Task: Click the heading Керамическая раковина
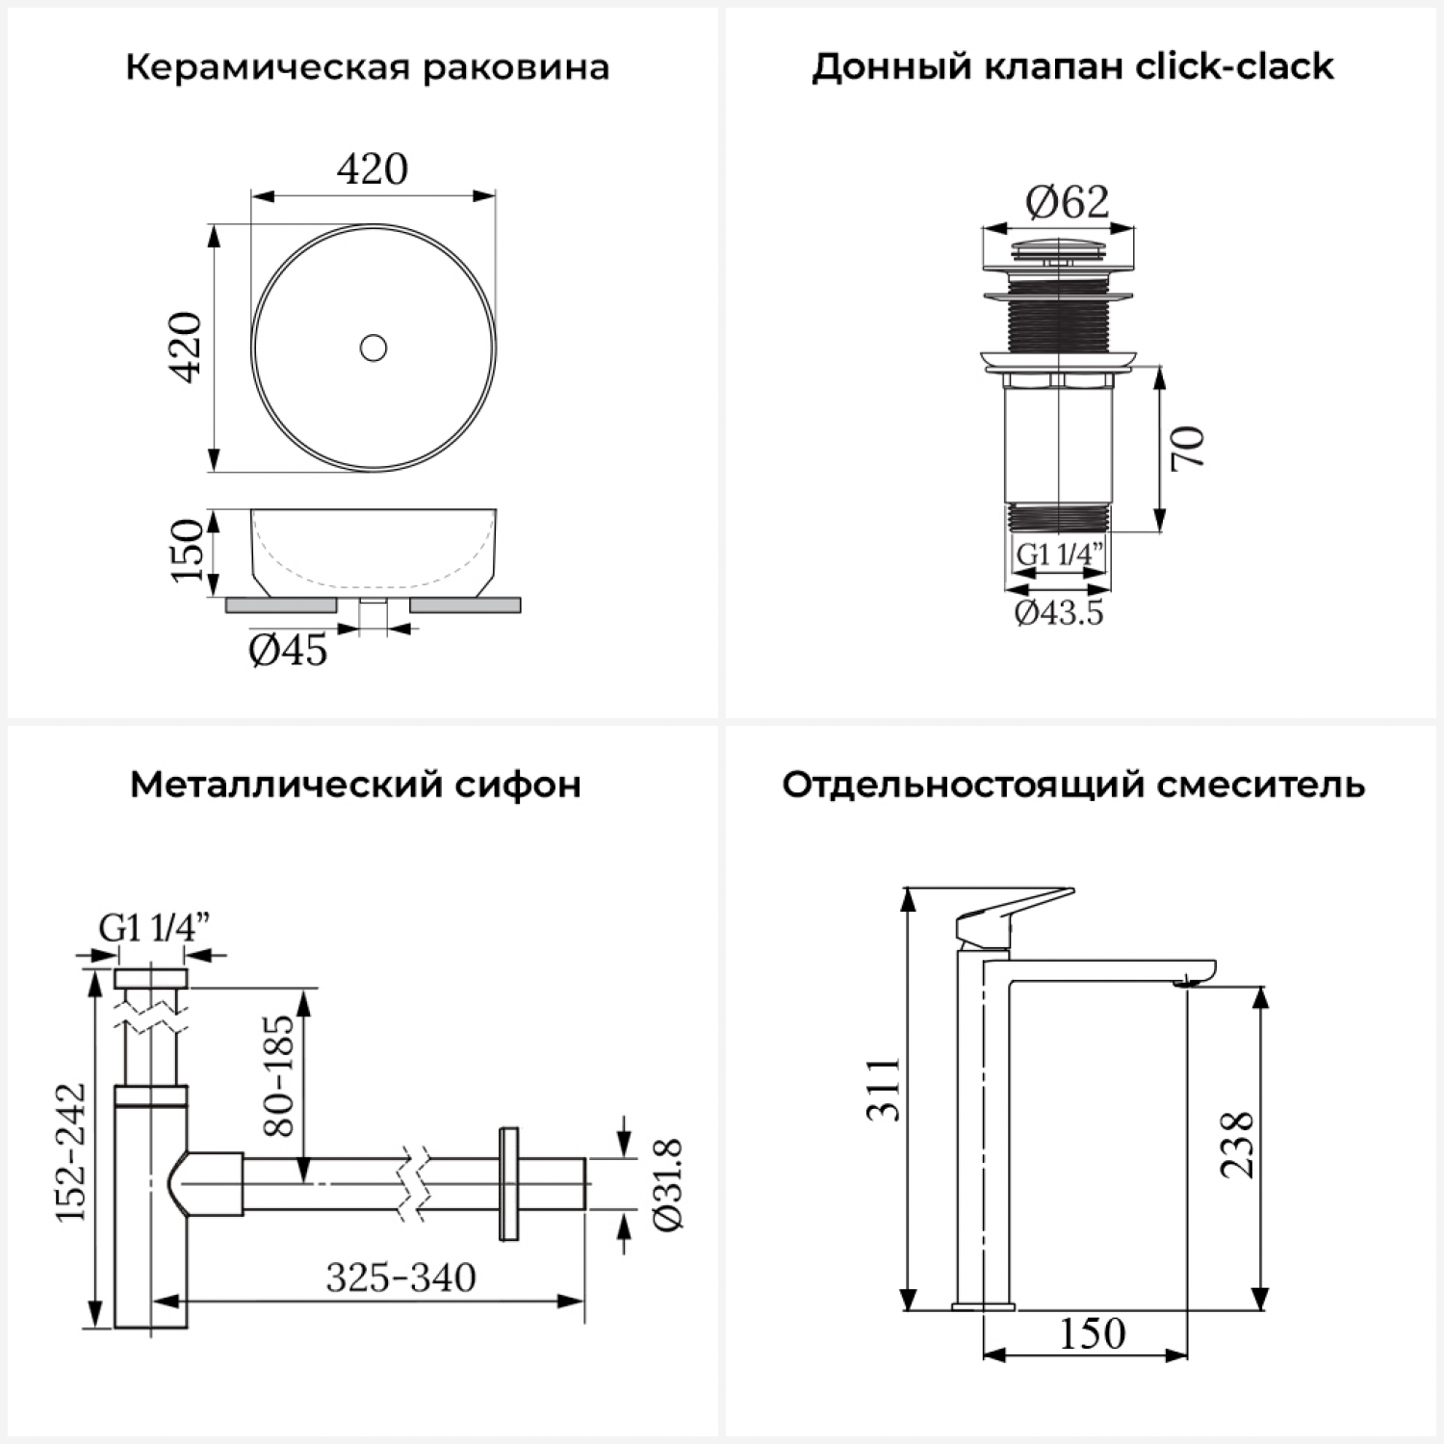(x=368, y=68)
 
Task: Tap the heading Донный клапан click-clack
(x=1072, y=66)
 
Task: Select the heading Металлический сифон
(x=355, y=785)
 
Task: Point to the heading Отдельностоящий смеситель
(x=1073, y=785)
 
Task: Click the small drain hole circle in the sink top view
(x=374, y=348)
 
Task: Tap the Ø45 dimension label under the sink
(x=288, y=651)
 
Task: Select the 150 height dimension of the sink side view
(x=188, y=550)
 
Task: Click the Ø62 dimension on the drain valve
(x=1067, y=201)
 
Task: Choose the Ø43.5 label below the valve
(x=1059, y=612)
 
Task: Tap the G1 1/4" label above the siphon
(x=154, y=928)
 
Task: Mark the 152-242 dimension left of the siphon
(x=70, y=1152)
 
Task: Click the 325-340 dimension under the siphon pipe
(x=400, y=1277)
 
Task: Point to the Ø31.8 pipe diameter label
(x=667, y=1184)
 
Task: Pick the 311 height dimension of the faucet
(x=883, y=1089)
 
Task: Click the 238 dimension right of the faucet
(x=1237, y=1145)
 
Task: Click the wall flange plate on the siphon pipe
(x=508, y=1183)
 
